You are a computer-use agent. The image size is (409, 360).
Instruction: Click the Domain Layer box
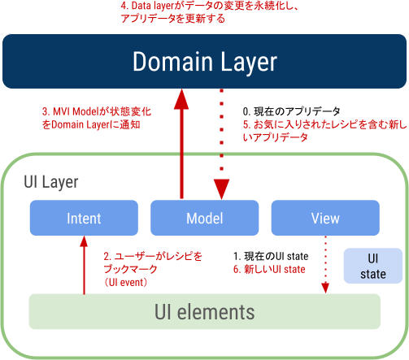(204, 61)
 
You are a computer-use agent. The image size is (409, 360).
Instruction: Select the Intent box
(84, 218)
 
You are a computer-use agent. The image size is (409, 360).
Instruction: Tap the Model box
(205, 218)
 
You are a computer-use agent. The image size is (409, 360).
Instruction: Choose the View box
(325, 218)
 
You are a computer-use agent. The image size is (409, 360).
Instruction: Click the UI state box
(373, 266)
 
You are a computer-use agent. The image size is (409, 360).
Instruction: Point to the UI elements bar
(205, 311)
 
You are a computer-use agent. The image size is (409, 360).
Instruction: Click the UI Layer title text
(51, 182)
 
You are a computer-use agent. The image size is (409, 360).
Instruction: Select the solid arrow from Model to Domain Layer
(181, 144)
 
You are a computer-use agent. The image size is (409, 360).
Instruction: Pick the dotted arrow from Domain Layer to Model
(222, 144)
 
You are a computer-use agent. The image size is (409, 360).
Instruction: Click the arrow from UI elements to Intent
(84, 265)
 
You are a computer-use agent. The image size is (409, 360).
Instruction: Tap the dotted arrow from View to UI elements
(325, 265)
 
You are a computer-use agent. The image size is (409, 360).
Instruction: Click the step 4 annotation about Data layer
(210, 12)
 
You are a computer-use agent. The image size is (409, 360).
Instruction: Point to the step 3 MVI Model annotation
(97, 118)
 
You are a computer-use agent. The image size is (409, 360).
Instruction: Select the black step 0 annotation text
(291, 111)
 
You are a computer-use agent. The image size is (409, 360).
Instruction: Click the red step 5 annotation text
(324, 131)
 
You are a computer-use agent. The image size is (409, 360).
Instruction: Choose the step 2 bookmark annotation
(153, 262)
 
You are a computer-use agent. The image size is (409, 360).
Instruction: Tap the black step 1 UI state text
(271, 256)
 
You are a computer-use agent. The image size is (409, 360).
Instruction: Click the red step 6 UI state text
(269, 269)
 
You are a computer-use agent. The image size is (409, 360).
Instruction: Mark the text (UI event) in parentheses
(125, 283)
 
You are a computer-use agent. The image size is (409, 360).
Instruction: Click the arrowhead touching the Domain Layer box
(181, 99)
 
